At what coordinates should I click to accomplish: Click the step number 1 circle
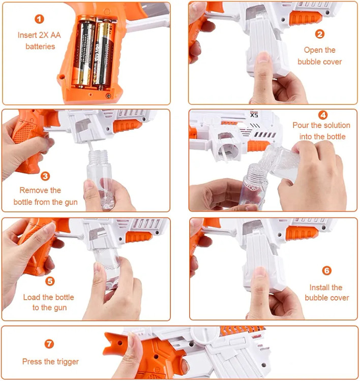point(39,19)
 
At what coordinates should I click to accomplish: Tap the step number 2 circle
point(320,34)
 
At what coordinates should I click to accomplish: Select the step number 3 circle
point(45,176)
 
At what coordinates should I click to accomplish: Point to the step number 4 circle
point(323,115)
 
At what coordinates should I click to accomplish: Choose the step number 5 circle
point(50,281)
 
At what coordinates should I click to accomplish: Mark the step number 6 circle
point(326,271)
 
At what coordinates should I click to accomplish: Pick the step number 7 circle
point(49,344)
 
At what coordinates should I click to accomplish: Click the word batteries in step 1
point(40,46)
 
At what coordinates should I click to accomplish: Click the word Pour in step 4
point(301,125)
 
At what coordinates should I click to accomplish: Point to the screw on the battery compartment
point(108,96)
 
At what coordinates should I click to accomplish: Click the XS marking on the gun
point(254,115)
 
